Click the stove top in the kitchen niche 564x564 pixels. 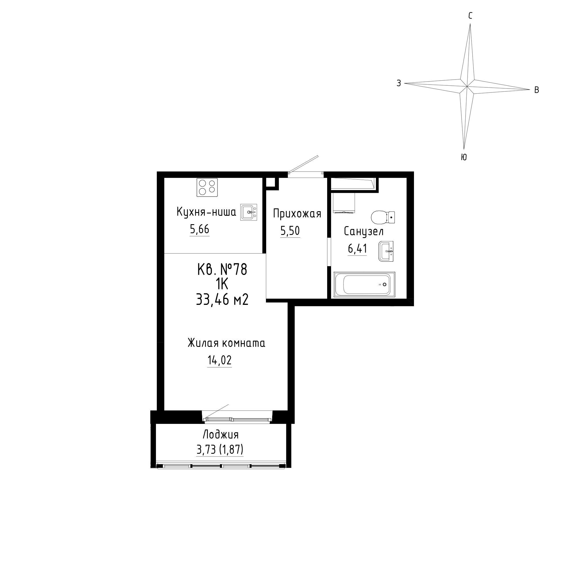tap(207, 187)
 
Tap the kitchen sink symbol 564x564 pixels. tap(249, 212)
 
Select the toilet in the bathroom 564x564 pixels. tap(383, 217)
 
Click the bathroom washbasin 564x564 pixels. tap(386, 251)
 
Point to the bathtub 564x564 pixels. tap(364, 285)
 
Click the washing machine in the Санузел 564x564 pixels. tap(344, 202)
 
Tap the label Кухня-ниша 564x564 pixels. tap(206, 212)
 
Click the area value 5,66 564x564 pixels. tap(200, 230)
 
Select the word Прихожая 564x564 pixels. tap(297, 214)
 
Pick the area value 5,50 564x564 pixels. tap(290, 231)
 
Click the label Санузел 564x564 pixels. tap(364, 232)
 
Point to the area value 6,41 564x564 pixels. tap(357, 249)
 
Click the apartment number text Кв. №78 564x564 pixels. tap(222, 269)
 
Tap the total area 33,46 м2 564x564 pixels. tap(222, 299)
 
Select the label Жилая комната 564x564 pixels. tap(226, 343)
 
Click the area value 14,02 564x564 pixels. tap(219, 360)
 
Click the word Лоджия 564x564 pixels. tap(221, 435)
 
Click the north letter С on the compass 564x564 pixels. tap(470, 16)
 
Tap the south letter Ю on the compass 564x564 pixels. tap(464, 157)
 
